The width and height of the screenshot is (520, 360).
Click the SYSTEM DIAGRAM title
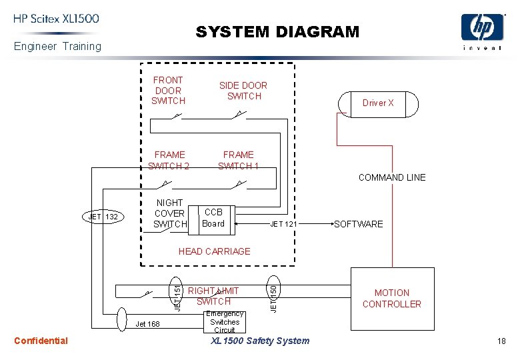coord(277,32)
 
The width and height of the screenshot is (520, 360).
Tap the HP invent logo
coord(483,33)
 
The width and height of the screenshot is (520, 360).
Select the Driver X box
coord(378,103)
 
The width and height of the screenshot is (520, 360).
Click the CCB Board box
coord(214,218)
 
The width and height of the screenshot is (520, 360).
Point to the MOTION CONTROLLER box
coord(392,298)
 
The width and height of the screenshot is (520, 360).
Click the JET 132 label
coord(103,217)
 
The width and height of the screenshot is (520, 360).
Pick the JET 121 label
coord(283,224)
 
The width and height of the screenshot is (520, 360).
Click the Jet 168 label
coord(148,325)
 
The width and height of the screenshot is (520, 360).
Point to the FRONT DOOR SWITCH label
coord(168,90)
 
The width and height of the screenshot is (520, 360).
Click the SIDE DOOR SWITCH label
coord(243,91)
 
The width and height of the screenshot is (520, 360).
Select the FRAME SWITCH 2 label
coord(169,160)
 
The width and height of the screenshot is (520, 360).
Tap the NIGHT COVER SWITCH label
coord(169,213)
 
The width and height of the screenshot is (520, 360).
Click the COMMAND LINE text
coord(391,177)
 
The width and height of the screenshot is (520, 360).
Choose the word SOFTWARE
coord(359,224)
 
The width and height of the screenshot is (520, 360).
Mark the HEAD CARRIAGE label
coord(214,251)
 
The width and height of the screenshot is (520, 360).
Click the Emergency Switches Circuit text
coord(225,322)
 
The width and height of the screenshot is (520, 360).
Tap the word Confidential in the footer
coord(41,341)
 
